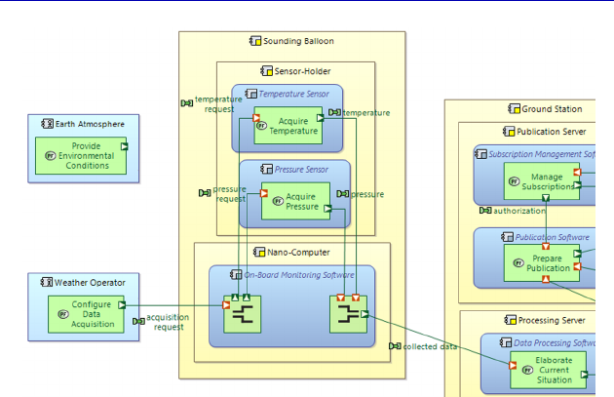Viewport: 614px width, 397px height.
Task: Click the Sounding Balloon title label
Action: pyautogui.click(x=298, y=41)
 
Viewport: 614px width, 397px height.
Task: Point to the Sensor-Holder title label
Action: pyautogui.click(x=302, y=71)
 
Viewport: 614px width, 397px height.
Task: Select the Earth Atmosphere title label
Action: pyautogui.click(x=89, y=124)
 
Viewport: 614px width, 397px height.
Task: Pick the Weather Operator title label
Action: pyautogui.click(x=89, y=283)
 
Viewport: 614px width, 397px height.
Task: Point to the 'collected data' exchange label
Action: pyautogui.click(x=430, y=346)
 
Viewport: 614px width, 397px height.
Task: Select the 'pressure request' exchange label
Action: pyautogui.click(x=229, y=193)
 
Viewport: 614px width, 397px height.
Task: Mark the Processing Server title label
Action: pyautogui.click(x=550, y=320)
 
